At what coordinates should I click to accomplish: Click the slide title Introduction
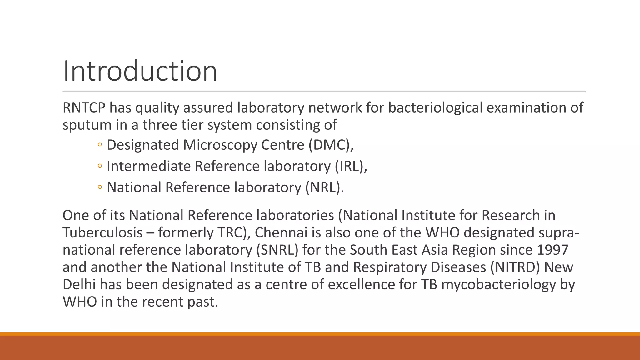pos(140,71)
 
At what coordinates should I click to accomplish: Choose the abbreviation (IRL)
pos(350,166)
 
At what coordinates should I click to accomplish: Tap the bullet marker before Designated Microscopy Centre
pos(99,145)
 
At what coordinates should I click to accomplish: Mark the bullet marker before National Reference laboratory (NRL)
pos(99,187)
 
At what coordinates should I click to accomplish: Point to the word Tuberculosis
pos(103,233)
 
